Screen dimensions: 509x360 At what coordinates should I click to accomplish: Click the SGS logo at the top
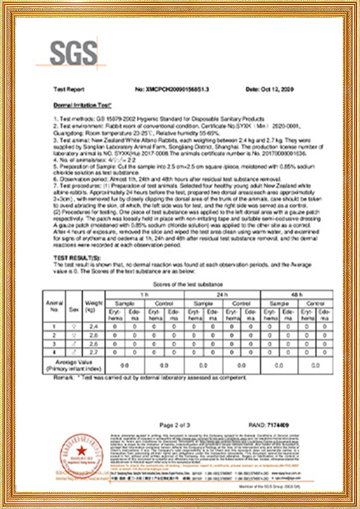[73, 53]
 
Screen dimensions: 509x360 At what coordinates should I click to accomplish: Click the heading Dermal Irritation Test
[82, 105]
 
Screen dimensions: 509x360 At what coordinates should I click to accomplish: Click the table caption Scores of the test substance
[188, 285]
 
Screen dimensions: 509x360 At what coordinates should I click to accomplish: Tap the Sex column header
[74, 310]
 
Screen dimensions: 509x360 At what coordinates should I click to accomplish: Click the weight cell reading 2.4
[93, 327]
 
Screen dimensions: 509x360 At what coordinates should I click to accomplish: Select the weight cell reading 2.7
[93, 352]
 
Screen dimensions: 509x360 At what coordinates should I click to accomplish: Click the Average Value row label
[74, 365]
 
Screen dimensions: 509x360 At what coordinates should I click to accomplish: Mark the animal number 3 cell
[54, 343]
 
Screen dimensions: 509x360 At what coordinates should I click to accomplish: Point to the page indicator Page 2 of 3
[175, 425]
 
